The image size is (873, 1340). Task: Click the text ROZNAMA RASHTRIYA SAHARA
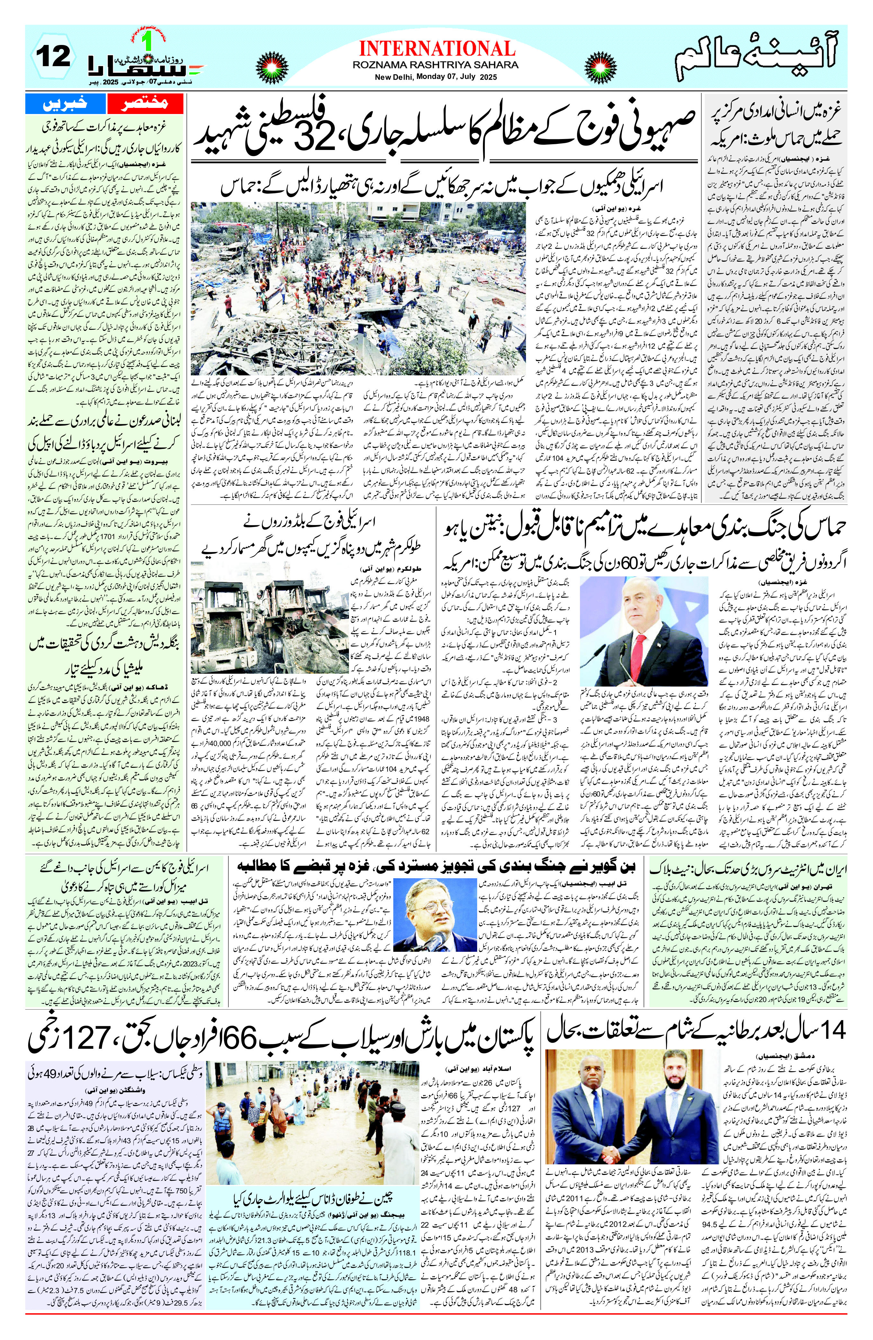click(x=435, y=65)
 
